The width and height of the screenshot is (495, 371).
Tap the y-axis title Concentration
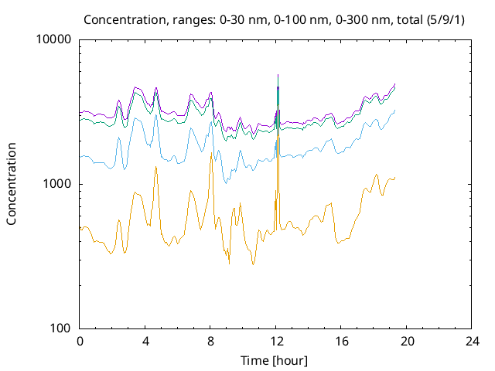click(x=12, y=183)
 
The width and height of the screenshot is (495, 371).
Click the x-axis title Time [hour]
click(x=275, y=360)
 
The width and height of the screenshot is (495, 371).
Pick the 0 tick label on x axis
click(x=80, y=341)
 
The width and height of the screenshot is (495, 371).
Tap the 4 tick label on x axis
click(x=145, y=341)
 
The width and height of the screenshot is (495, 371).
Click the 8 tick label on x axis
click(x=210, y=341)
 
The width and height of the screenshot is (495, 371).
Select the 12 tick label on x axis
click(x=276, y=341)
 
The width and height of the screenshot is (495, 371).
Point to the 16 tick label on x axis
click(x=341, y=341)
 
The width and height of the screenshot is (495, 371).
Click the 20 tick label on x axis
click(x=407, y=341)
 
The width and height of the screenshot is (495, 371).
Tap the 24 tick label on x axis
click(x=472, y=341)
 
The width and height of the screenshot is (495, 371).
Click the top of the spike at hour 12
click(x=278, y=75)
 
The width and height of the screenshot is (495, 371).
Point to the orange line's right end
click(x=395, y=178)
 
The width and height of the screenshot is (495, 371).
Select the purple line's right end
click(x=395, y=83)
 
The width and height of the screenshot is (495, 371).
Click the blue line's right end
click(x=395, y=110)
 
